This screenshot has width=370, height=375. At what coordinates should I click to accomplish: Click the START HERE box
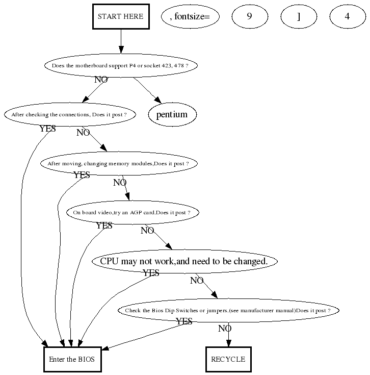tap(121, 16)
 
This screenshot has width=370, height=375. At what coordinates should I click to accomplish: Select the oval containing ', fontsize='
tap(190, 16)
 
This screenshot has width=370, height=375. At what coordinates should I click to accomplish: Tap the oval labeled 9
tap(250, 16)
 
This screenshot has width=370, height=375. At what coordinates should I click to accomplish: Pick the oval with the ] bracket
tap(299, 16)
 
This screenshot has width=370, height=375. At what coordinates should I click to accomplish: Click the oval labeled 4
tap(347, 16)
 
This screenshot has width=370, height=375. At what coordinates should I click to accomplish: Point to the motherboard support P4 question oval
tap(120, 65)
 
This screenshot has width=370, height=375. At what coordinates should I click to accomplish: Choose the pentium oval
tap(172, 114)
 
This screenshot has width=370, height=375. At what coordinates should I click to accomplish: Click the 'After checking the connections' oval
tap(69, 114)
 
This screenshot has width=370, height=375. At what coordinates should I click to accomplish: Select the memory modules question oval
tap(118, 163)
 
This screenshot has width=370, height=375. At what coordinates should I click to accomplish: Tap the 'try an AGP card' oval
tap(132, 212)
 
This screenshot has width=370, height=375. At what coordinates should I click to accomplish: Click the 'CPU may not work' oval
tap(184, 261)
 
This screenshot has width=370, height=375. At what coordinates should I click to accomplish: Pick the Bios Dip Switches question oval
tap(228, 310)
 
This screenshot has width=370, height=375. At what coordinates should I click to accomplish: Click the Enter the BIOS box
tap(72, 359)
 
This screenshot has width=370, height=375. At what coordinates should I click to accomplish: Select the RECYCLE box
tap(228, 359)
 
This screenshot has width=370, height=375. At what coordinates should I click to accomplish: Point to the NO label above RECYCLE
tap(225, 329)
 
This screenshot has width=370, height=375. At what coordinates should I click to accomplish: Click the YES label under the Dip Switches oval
tap(184, 321)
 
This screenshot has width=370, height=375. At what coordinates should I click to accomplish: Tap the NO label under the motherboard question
tap(101, 80)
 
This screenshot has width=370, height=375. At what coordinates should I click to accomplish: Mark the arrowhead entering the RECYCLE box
tap(228, 343)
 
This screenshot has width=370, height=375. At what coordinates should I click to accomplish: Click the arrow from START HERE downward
tap(121, 41)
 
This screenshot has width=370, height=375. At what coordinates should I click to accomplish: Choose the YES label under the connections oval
tap(47, 129)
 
